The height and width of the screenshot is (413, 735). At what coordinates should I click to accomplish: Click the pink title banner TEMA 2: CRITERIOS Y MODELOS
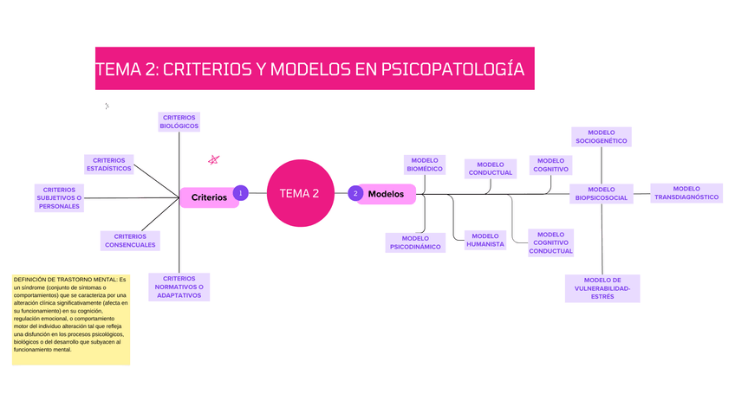click(315, 68)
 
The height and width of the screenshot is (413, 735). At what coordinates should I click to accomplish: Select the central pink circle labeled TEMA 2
click(300, 193)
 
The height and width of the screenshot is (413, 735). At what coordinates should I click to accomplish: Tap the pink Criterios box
click(209, 197)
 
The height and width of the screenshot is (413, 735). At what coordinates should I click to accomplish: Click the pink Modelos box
click(387, 194)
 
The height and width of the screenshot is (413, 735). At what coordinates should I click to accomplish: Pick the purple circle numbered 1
click(240, 193)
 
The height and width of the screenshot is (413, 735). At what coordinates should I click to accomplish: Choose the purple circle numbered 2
click(355, 193)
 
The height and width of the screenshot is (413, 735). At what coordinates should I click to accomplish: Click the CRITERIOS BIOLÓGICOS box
click(179, 121)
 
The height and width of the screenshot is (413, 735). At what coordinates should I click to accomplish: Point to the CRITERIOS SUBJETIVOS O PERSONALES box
click(60, 197)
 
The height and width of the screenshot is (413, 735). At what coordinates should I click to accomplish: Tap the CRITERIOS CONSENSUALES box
click(130, 240)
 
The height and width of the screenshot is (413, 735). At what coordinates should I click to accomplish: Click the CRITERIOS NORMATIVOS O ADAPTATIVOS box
click(179, 287)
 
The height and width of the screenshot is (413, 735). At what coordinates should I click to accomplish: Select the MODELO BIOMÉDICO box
click(425, 165)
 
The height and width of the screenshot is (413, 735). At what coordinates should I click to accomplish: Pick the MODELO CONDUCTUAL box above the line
click(490, 168)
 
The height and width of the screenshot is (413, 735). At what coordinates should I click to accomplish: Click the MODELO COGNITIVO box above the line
click(550, 165)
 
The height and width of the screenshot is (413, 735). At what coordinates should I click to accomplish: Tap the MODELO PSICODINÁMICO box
click(415, 242)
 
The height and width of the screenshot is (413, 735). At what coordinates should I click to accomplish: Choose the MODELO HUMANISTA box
click(485, 240)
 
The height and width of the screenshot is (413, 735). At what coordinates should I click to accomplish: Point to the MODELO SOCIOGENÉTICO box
click(601, 136)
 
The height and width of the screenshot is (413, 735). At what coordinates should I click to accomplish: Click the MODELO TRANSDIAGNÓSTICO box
click(686, 193)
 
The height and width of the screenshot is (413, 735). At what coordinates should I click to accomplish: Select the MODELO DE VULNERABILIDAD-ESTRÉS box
click(602, 288)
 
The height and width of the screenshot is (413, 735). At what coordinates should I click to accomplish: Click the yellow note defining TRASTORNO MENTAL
click(70, 319)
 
